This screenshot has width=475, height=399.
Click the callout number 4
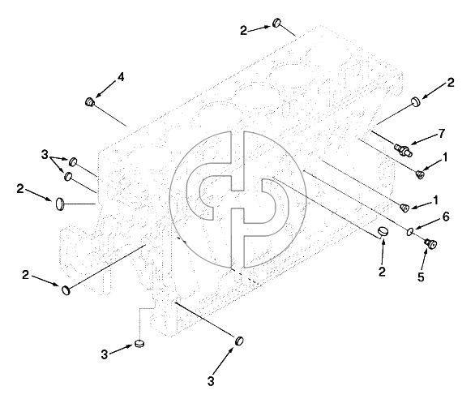tap(121, 77)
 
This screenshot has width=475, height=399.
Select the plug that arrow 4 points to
tap(90, 102)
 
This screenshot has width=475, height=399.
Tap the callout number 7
tap(442, 133)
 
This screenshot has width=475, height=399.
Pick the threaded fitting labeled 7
tap(403, 149)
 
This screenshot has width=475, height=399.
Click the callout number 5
tap(421, 277)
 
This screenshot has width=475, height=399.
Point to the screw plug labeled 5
tap(430, 243)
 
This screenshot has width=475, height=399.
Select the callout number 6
tap(446, 217)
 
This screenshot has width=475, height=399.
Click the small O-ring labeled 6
tap(410, 232)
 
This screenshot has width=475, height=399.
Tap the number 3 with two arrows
tap(45, 155)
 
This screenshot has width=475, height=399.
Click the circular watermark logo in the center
tap(237, 199)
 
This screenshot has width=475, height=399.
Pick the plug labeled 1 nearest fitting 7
tap(420, 174)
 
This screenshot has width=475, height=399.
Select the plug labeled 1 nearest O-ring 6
tap(404, 208)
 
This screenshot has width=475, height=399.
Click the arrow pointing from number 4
tap(105, 90)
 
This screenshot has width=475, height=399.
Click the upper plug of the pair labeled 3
tap(73, 161)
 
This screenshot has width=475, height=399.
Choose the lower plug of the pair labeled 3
tap(68, 176)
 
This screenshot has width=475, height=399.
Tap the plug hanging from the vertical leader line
tap(139, 344)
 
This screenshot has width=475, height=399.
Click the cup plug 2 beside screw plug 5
tap(383, 231)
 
